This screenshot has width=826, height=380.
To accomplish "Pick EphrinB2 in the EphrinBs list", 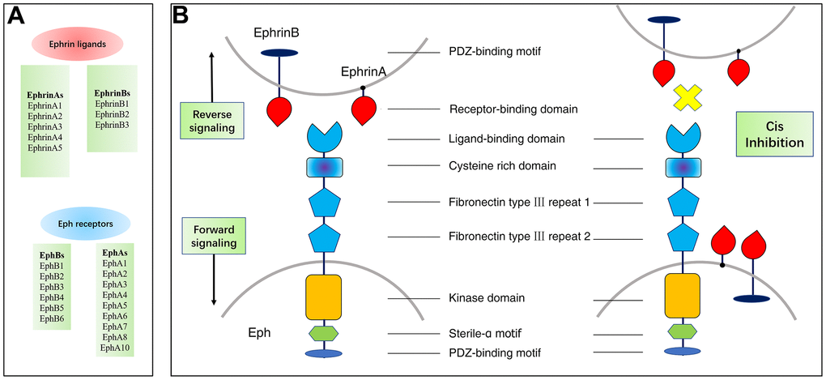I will click(x=112, y=114).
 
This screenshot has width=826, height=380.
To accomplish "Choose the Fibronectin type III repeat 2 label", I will click(x=530, y=237).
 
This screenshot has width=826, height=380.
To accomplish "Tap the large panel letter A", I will click(x=16, y=16).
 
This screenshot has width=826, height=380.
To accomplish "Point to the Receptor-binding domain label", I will click(x=507, y=109).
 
